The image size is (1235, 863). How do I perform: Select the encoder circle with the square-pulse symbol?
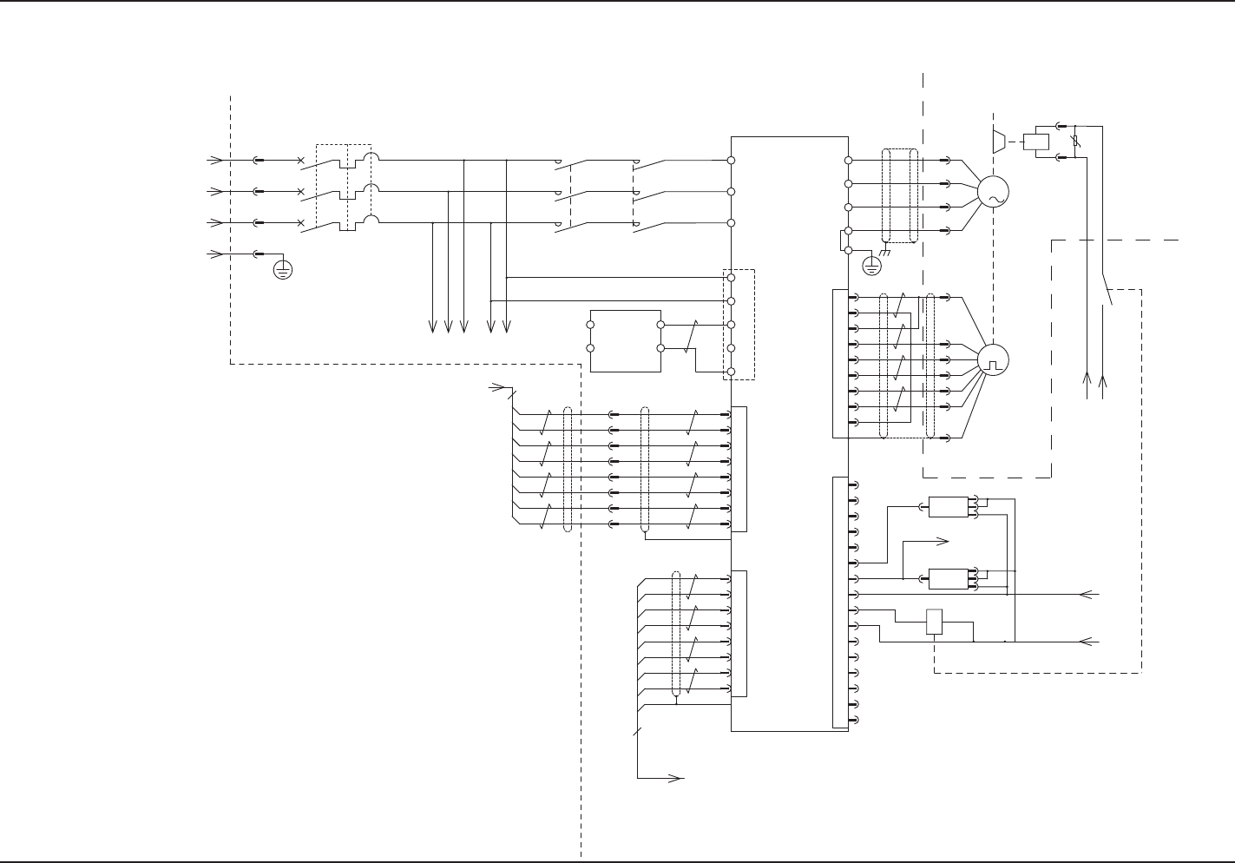993,359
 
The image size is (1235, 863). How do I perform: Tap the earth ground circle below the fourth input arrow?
282,269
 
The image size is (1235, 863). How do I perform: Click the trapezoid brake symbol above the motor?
998,140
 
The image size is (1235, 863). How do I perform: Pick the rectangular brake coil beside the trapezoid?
1036,141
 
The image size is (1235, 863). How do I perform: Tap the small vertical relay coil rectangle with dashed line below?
934,623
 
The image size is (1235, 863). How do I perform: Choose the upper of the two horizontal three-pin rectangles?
948,506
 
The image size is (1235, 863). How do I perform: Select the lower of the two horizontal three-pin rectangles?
948,578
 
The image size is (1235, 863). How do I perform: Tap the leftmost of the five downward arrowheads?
432,327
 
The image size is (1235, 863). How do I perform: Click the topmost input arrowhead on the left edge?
213,161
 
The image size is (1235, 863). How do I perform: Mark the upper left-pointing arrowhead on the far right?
1085,595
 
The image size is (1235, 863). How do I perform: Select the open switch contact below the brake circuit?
1107,291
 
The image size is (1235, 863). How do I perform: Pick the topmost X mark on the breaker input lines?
301,161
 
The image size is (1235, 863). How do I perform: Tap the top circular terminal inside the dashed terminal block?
732,278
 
